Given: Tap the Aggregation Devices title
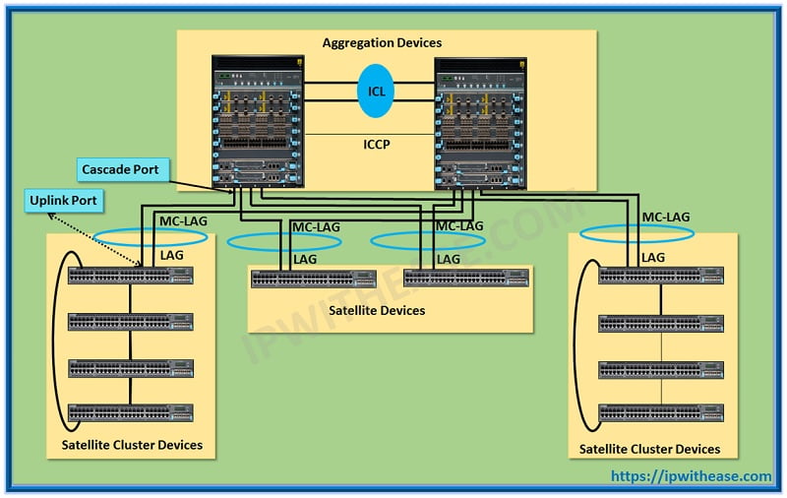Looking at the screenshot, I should click(x=383, y=43).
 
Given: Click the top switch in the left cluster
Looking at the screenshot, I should click(x=130, y=275).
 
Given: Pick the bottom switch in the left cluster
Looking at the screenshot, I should click(x=130, y=411).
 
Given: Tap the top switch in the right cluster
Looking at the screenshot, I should click(x=661, y=277).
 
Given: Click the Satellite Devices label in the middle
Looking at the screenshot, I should click(x=377, y=310).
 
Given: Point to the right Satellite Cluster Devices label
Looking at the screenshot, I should click(x=649, y=449).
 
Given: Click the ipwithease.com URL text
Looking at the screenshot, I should click(x=692, y=476).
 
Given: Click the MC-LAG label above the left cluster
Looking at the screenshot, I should click(x=184, y=222).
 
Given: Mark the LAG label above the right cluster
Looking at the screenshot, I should click(x=653, y=257).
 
